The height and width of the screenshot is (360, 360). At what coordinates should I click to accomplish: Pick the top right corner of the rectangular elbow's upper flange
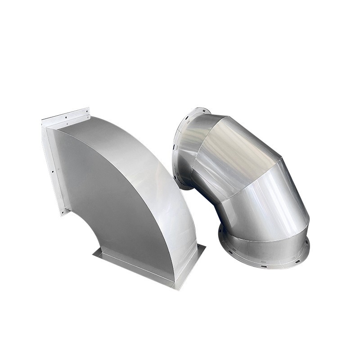tap(89, 109)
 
